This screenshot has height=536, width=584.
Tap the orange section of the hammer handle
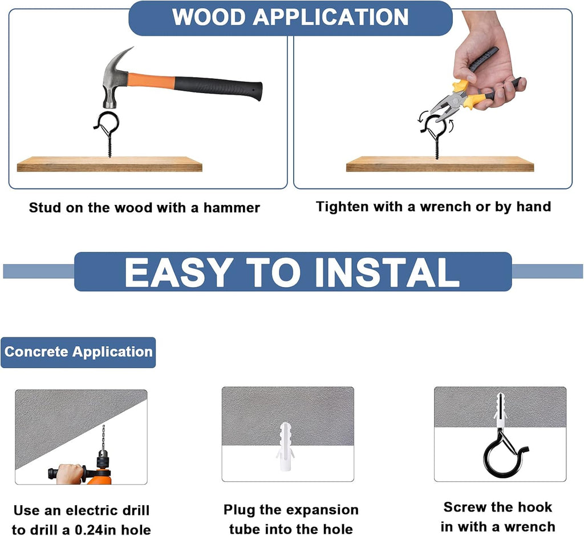click(x=151, y=80)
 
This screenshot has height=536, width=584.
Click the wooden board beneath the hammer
click(x=109, y=164)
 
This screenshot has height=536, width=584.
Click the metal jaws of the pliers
click(x=447, y=106)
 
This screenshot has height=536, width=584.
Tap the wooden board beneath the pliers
click(x=440, y=164)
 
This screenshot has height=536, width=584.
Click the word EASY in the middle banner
click(x=177, y=272)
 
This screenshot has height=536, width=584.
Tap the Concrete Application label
click(x=78, y=352)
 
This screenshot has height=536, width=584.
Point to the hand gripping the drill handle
click(x=71, y=473)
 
